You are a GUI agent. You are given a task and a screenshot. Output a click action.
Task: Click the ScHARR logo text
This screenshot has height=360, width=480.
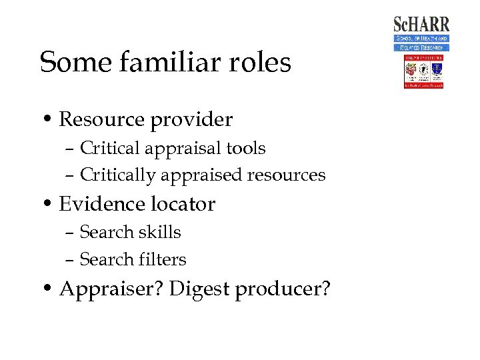click(x=421, y=25)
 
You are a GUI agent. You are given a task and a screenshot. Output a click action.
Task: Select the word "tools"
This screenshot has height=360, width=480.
click(x=247, y=149)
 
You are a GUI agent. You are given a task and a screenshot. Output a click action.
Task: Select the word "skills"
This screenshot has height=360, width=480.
click(x=160, y=232)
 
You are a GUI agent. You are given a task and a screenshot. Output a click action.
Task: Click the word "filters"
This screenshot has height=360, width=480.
click(x=163, y=259)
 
